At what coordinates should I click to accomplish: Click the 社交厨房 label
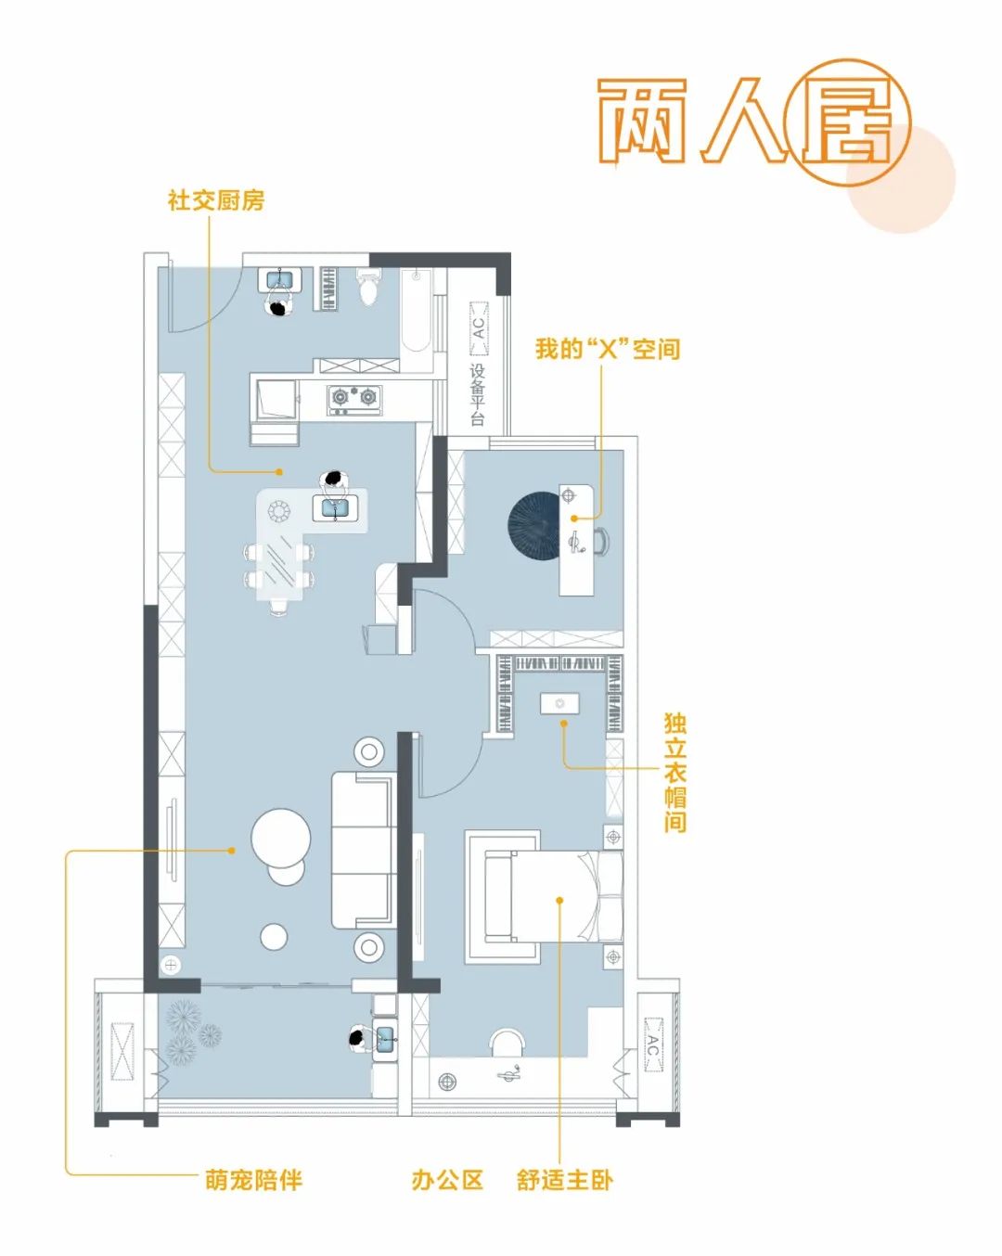pyautogui.click(x=216, y=200)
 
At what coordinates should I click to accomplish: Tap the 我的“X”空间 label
pyautogui.click(x=608, y=349)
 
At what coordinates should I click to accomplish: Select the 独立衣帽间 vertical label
pyautogui.click(x=675, y=772)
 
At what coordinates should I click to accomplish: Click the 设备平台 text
pyautogui.click(x=478, y=395)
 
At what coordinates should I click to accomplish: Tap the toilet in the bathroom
pyautogui.click(x=369, y=288)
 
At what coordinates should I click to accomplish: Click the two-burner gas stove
pyautogui.click(x=354, y=399)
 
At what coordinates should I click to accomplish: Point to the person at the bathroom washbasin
pyautogui.click(x=280, y=306)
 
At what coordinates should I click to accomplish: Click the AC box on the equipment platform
pyautogui.click(x=479, y=328)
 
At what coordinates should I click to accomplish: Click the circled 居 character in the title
pyautogui.click(x=848, y=122)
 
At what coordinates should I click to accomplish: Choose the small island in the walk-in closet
pyautogui.click(x=560, y=703)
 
